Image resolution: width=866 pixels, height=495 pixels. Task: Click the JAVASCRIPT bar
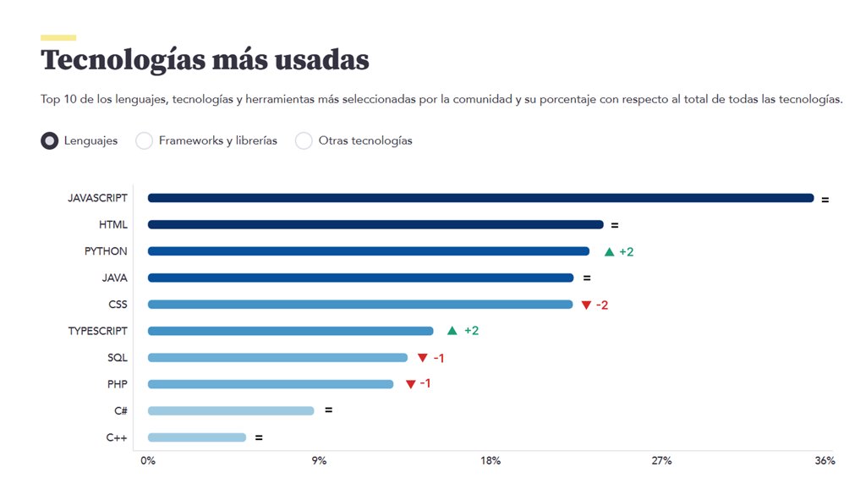pos(480,198)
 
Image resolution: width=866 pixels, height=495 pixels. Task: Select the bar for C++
pos(196,437)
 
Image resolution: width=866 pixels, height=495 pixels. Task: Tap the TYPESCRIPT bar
pos(290,331)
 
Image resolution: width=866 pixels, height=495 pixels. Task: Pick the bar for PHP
pos(271,384)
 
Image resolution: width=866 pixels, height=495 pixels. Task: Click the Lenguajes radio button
pos(50,141)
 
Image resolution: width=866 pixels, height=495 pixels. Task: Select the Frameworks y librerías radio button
pos(145,141)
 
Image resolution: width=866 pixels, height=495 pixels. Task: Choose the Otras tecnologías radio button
pos(304,141)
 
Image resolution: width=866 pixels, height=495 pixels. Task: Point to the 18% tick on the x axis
pos(491,461)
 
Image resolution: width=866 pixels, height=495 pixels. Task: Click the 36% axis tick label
pos(825,461)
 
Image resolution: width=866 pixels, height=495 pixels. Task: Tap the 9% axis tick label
pos(319,461)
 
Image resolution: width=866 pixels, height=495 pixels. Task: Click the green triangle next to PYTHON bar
pos(609,252)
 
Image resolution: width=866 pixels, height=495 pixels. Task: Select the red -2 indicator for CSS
pos(602,305)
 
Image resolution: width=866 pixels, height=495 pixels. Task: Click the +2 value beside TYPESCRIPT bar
pos(472,331)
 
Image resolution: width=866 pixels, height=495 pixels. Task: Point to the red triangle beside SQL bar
pos(423,358)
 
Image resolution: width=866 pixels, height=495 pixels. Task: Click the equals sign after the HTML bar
pos(615,225)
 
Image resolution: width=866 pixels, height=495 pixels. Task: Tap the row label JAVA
pos(114,278)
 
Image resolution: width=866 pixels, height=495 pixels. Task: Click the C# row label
pos(120,410)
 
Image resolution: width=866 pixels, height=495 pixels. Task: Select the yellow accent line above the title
pos(58,37)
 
